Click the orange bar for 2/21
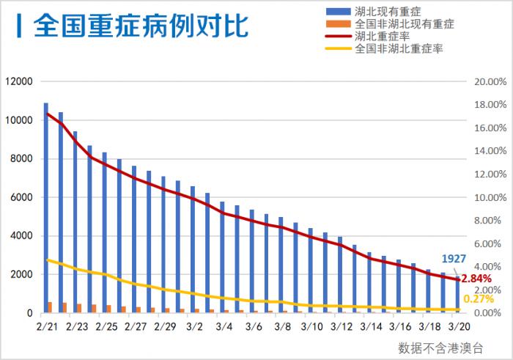coord(51,307)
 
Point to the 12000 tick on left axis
coord(19,81)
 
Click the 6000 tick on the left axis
coord(22,197)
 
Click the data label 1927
coord(453,259)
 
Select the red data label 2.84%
coord(476,279)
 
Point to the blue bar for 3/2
coord(193,249)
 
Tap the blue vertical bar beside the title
coord(17,24)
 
